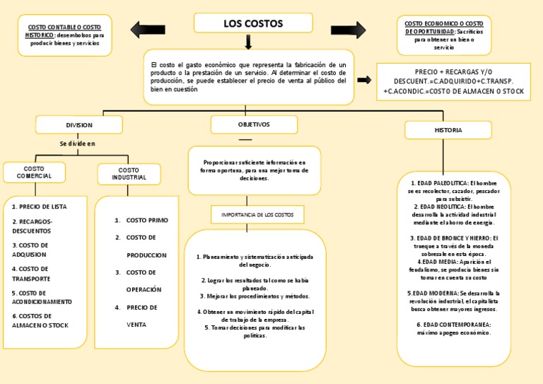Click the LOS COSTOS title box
[252, 23]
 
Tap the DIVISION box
[79, 125]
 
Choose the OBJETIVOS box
[253, 124]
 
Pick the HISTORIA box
[448, 130]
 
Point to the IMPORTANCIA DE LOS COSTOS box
[257, 214]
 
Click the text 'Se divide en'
[77, 144]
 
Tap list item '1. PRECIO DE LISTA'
[40, 206]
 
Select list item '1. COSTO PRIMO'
[141, 220]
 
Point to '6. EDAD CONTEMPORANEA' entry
[454, 324]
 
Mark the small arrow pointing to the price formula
[364, 81]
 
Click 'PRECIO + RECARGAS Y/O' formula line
[454, 72]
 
